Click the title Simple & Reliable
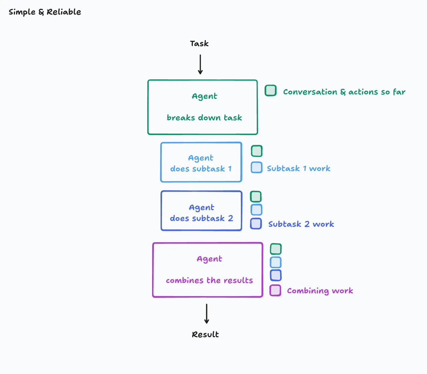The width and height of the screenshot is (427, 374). tap(45, 12)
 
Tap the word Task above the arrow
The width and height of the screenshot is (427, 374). tap(199, 44)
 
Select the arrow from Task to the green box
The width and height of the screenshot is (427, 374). tap(200, 64)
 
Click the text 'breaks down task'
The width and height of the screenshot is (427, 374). tap(204, 118)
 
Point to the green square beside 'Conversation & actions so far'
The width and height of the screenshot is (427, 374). tap(271, 90)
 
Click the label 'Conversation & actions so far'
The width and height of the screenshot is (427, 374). tap(344, 92)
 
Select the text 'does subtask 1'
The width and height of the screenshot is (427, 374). tap(201, 168)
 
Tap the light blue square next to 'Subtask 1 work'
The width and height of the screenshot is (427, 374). tap(257, 167)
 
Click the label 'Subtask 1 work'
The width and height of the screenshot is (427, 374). tap(299, 168)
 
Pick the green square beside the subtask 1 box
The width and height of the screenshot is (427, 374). tap(257, 151)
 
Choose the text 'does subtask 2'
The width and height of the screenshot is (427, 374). tap(201, 218)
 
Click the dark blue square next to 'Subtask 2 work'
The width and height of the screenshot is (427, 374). tap(256, 224)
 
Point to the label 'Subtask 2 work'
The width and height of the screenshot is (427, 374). tap(301, 224)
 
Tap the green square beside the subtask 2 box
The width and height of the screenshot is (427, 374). tap(256, 197)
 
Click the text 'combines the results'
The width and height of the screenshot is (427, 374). tap(209, 280)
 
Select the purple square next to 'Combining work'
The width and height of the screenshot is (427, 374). tap(275, 290)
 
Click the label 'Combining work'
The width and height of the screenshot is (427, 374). tap(320, 291)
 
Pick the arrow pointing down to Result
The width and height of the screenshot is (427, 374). tap(206, 314)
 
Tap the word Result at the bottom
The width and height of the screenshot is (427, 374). tap(205, 335)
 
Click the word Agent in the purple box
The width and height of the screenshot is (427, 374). tap(209, 259)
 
